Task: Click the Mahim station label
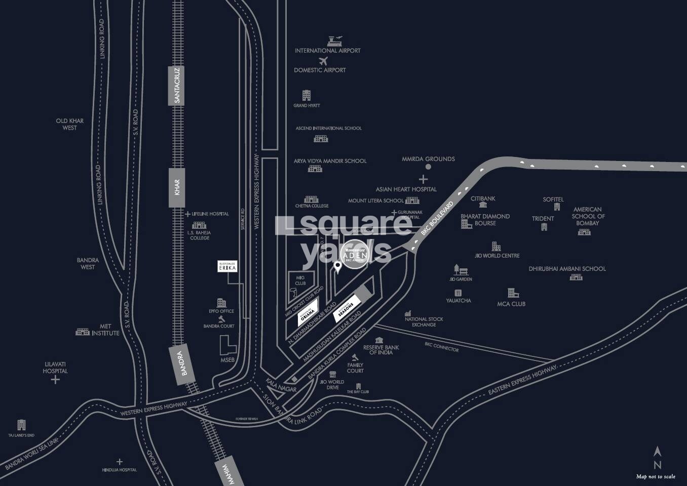[222, 474]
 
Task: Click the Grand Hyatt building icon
[307, 95]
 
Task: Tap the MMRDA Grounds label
[428, 159]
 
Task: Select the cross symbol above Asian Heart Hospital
[423, 179]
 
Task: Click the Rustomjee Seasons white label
[347, 309]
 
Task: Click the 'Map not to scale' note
[656, 476]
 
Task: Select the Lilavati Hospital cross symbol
[55, 380]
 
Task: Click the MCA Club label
[511, 304]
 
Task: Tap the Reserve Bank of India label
[381, 350]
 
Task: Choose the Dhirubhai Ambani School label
[567, 269]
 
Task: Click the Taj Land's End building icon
[21, 425]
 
